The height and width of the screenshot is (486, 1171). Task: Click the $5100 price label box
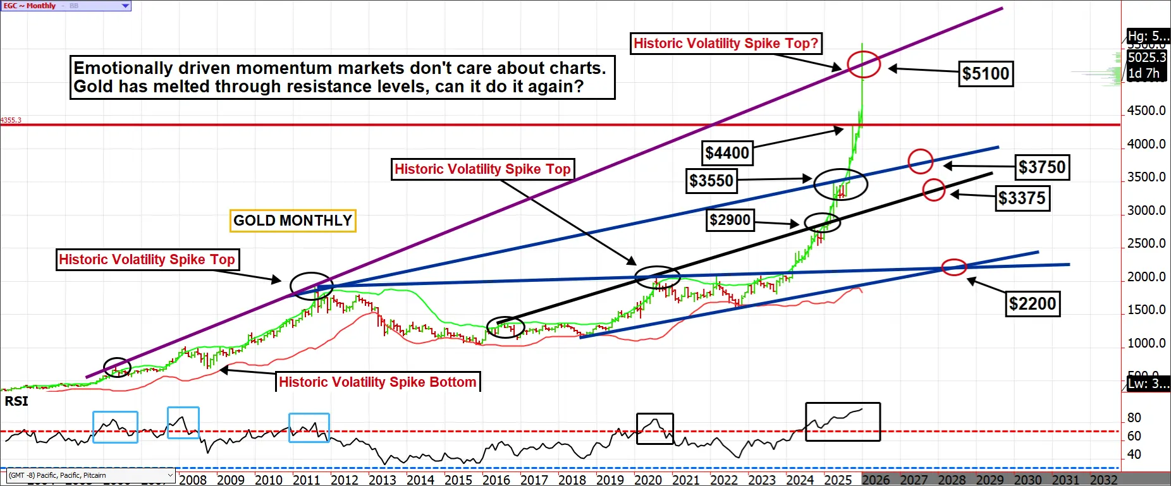(x=986, y=73)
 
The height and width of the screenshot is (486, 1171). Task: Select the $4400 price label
(x=727, y=153)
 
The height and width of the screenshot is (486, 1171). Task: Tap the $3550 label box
(x=711, y=181)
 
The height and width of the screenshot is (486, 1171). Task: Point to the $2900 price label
(x=730, y=220)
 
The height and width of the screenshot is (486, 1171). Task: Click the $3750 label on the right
(x=1042, y=167)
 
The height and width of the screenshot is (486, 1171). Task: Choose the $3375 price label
(x=1022, y=198)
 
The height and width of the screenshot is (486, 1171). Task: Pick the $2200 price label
(x=1033, y=304)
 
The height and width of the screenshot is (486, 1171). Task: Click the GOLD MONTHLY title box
(x=293, y=221)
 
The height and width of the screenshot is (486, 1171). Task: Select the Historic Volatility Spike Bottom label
(x=377, y=382)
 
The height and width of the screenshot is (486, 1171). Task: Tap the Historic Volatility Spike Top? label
(x=726, y=43)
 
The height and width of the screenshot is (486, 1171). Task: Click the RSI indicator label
(x=16, y=401)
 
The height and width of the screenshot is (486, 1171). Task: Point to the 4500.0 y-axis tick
(x=1146, y=111)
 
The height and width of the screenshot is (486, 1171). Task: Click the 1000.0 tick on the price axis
(x=1146, y=343)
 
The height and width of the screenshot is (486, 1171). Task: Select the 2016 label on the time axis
(x=496, y=480)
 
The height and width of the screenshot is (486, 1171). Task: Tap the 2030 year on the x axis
(x=1027, y=480)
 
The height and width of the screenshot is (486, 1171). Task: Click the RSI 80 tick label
(x=1134, y=418)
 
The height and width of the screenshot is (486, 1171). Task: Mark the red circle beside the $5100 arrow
(x=863, y=64)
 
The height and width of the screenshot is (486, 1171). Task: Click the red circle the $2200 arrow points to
(x=954, y=267)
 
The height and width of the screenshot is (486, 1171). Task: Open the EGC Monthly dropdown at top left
(x=125, y=6)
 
